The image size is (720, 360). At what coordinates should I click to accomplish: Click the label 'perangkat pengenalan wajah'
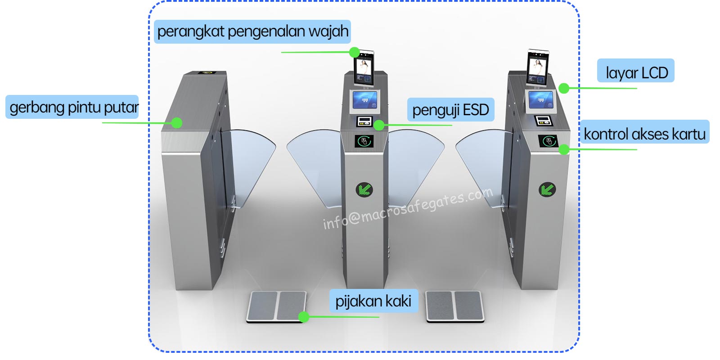(x=252, y=31)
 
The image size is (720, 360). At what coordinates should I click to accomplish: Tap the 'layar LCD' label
(x=636, y=71)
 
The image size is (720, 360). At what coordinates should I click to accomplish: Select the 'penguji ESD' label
(x=450, y=110)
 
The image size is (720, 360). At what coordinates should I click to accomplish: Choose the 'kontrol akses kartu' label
(x=644, y=132)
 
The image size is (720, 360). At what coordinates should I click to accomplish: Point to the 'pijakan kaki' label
(x=373, y=301)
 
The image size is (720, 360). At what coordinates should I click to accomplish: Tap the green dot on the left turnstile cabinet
(x=177, y=123)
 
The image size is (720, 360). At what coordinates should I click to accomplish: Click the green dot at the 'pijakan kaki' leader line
(x=304, y=317)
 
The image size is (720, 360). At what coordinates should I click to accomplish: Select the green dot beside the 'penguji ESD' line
(x=379, y=125)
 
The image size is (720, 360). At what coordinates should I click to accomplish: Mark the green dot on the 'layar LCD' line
(x=564, y=88)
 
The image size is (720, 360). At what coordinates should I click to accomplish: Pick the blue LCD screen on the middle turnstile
(x=365, y=100)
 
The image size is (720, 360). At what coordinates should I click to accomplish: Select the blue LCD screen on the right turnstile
(x=541, y=100)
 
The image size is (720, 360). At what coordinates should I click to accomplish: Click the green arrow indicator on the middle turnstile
(x=364, y=189)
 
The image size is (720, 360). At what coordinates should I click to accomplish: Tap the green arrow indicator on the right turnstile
(x=547, y=189)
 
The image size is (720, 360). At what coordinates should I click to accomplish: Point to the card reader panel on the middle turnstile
(x=364, y=141)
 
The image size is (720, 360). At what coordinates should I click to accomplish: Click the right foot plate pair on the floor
(x=455, y=306)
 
